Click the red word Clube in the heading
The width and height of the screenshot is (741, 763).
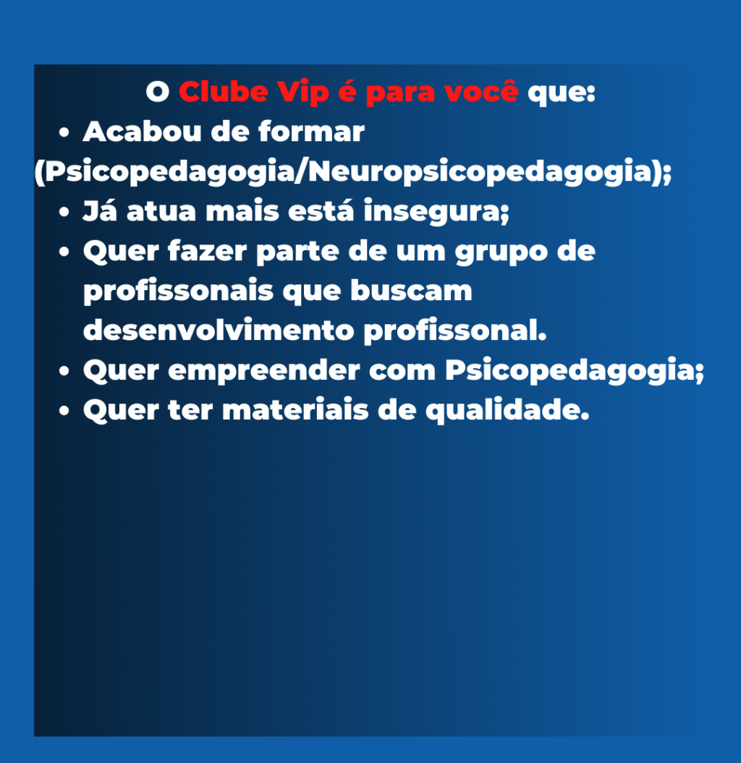(224, 91)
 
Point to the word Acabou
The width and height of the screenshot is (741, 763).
(142, 132)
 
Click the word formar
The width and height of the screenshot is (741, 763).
(311, 132)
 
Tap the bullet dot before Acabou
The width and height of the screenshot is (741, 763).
(64, 133)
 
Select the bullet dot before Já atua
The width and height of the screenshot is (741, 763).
(64, 213)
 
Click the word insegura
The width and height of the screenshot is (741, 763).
(436, 212)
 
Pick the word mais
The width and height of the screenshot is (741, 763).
(242, 212)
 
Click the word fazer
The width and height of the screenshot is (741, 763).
(208, 251)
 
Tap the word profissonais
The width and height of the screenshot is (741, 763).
(178, 291)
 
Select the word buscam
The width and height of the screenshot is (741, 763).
(412, 291)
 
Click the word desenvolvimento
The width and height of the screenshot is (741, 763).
(219, 331)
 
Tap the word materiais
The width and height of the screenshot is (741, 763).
(295, 410)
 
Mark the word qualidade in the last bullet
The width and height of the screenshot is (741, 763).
(507, 411)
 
